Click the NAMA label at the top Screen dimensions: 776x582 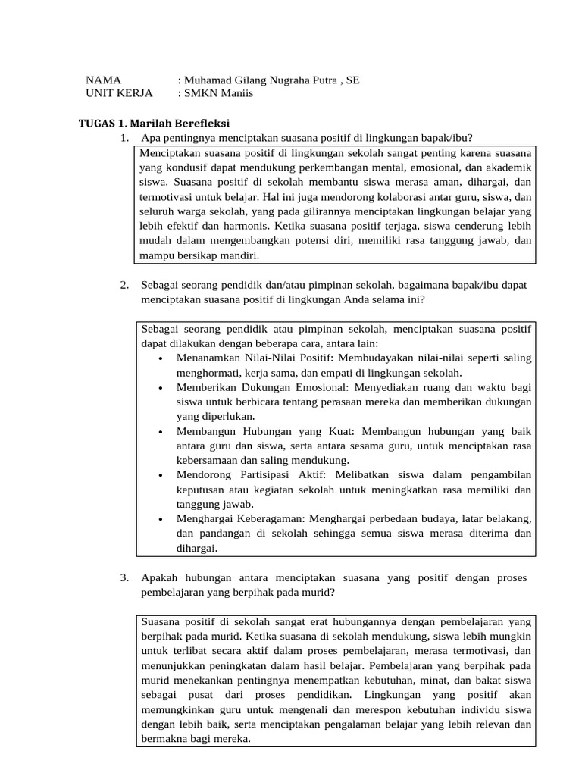[104, 79]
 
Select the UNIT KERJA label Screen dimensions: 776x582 [119, 92]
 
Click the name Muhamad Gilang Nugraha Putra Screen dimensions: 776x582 [252, 79]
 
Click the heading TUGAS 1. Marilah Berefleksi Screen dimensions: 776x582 [155, 123]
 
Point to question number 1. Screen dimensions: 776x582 [124, 137]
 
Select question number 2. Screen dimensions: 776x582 [124, 285]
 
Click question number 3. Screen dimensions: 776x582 [124, 578]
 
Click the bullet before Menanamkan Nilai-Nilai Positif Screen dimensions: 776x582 [161, 358]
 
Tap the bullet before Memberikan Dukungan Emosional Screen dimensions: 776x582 [161, 387]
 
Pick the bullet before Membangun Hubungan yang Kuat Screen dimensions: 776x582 [161, 431]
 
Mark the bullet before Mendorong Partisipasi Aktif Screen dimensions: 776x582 [161, 475]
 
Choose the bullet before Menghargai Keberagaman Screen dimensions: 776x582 [161, 519]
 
